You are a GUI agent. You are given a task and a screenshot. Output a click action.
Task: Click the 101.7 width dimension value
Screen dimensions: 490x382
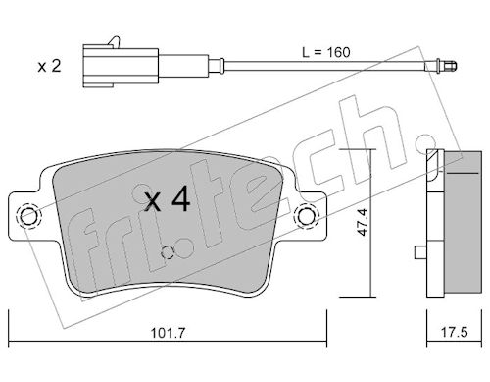point(168,333)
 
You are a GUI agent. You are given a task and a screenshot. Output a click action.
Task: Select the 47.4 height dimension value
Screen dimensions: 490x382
point(363,222)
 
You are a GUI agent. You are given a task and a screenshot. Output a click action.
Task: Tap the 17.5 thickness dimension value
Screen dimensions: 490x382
point(455,333)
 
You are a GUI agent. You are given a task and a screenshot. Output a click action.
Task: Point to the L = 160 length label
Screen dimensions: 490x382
point(326,52)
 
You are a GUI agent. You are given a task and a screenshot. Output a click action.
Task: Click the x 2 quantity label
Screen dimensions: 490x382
point(49,66)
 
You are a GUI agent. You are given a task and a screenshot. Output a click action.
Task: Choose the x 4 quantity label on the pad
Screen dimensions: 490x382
point(168,199)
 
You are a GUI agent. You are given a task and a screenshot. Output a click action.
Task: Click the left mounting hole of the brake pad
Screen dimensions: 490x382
point(28,216)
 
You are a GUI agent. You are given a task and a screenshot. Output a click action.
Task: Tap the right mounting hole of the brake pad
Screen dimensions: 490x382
point(306,216)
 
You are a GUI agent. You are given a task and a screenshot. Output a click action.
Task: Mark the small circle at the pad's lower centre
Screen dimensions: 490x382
point(168,252)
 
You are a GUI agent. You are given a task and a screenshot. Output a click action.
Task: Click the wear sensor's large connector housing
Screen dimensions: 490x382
point(121,67)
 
